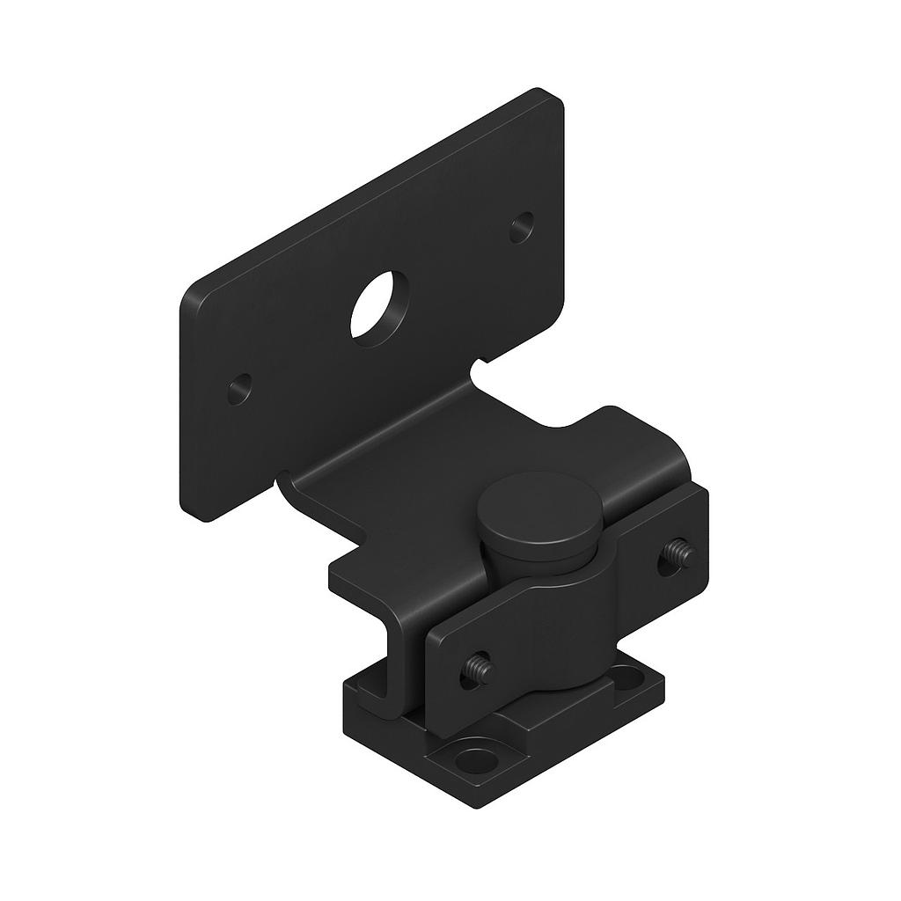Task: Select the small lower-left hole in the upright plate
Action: pos(238,387)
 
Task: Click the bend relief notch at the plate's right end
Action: pos(480,363)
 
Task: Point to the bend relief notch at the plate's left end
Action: pos(284,480)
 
